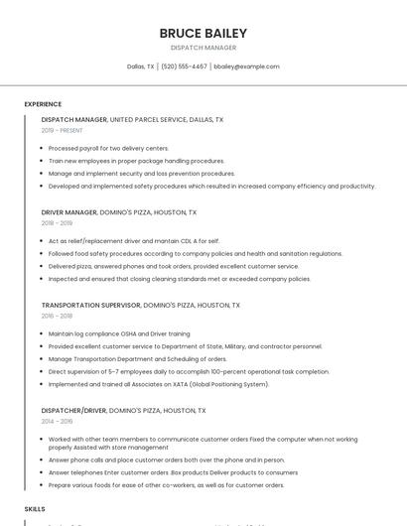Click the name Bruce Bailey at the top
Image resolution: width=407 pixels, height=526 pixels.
pyautogui.click(x=203, y=34)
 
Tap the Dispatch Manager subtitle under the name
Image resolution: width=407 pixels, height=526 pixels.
pyautogui.click(x=203, y=48)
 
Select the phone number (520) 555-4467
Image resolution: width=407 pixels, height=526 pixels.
pyautogui.click(x=184, y=66)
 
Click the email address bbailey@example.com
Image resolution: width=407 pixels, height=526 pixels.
pyautogui.click(x=246, y=66)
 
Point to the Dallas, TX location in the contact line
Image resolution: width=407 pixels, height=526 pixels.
pyautogui.click(x=141, y=66)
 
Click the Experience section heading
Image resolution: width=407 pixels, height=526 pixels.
pyautogui.click(x=43, y=104)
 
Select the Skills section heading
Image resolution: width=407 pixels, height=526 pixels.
pyautogui.click(x=35, y=508)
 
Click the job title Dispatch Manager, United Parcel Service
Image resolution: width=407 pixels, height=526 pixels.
pyautogui.click(x=132, y=119)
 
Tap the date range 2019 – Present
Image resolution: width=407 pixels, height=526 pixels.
pyautogui.click(x=63, y=130)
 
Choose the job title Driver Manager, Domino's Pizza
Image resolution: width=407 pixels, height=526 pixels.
pyautogui.click(x=119, y=212)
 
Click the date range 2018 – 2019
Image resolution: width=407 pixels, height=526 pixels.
pyautogui.click(x=58, y=223)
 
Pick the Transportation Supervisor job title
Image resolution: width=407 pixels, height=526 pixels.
pyautogui.click(x=140, y=306)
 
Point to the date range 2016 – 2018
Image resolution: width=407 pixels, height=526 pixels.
pyautogui.click(x=58, y=316)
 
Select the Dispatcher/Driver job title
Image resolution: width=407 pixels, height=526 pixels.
pyautogui.click(x=123, y=410)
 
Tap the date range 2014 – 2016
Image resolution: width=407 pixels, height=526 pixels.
pyautogui.click(x=58, y=421)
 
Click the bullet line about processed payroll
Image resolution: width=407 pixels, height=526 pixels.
pyautogui.click(x=108, y=148)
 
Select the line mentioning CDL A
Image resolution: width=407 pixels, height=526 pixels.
pyautogui.click(x=133, y=241)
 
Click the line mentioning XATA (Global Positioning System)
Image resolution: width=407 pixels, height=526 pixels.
pyautogui.click(x=158, y=384)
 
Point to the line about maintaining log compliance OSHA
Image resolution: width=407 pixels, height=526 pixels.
pyautogui.click(x=118, y=334)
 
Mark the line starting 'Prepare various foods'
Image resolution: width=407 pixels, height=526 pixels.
pyautogui.click(x=166, y=485)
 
